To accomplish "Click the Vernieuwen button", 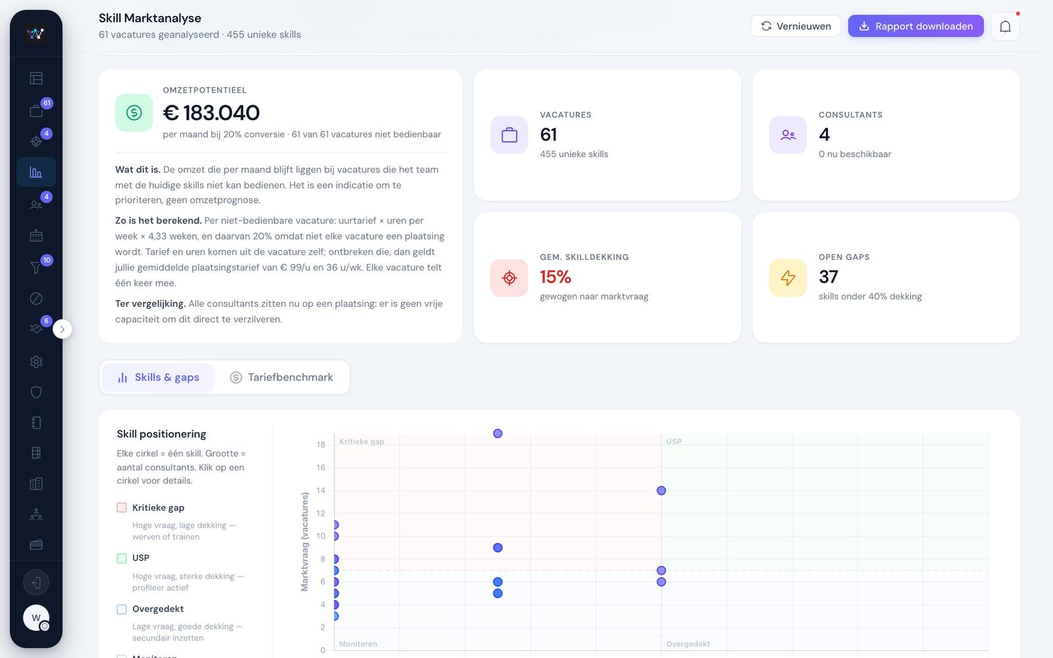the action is (796, 26).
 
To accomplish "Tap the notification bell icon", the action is (1005, 26).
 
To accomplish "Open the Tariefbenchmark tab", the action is (282, 377).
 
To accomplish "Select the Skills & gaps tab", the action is (158, 377).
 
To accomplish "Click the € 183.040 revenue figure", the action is (211, 113).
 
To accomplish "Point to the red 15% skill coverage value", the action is (555, 277).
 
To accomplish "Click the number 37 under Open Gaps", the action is (829, 277).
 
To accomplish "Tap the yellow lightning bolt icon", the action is (788, 278).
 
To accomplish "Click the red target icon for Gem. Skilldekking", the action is (509, 278).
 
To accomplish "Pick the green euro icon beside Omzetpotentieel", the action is (134, 113).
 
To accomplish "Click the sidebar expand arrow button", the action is (62, 329).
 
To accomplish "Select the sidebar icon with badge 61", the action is (36, 111).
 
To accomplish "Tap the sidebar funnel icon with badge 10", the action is (36, 267).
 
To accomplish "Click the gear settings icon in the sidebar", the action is (36, 362).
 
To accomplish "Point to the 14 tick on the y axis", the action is (321, 490).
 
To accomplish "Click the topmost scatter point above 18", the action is (498, 434).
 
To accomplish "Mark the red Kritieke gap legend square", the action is (122, 507).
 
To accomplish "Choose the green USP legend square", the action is (122, 558).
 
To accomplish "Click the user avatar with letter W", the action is (36, 618).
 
